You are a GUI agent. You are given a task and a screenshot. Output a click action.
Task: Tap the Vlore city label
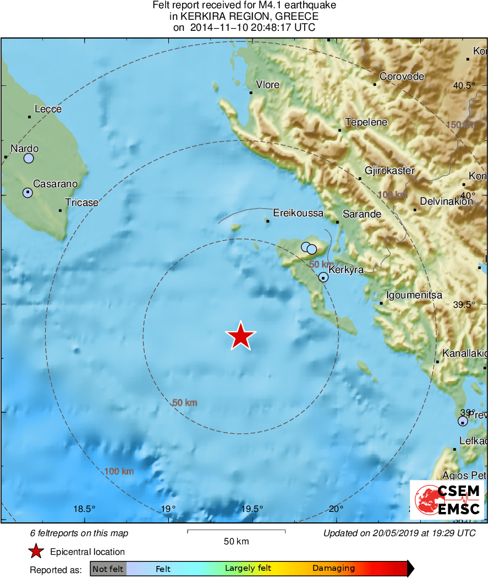point(268,85)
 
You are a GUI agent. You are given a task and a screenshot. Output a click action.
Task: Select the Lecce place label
point(48,109)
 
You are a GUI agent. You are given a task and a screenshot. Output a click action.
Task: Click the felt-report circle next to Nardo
point(29,159)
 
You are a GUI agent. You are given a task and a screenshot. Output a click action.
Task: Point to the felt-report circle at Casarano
point(28,193)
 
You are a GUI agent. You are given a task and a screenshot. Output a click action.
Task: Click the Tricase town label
point(82,203)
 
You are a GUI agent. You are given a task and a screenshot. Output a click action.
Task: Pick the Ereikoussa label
point(298,213)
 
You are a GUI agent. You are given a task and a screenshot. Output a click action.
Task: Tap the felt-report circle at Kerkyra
point(323,277)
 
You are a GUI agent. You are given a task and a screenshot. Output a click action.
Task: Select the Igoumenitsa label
point(414,296)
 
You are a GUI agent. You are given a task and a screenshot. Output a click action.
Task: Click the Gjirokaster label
point(389,171)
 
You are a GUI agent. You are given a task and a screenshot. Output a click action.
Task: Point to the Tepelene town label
point(366,123)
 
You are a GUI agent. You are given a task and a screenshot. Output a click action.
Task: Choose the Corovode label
point(402,77)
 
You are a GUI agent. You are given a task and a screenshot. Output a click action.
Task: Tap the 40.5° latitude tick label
point(463,85)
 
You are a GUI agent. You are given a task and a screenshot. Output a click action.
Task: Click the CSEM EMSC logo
point(447,500)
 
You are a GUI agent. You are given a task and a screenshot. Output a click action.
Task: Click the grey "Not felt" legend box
point(108,569)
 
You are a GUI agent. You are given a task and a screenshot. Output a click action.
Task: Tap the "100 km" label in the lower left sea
point(119,471)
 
